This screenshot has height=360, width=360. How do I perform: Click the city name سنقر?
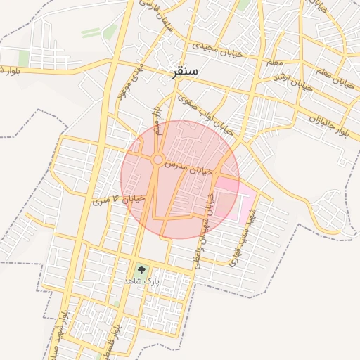[x=185, y=72]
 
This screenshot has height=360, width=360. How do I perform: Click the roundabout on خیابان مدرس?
[x=157, y=160]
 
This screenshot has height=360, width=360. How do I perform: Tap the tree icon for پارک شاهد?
[x=141, y=269]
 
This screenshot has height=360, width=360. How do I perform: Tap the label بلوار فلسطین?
[x=127, y=340]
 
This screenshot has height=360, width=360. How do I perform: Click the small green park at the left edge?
[x=24, y=58]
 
